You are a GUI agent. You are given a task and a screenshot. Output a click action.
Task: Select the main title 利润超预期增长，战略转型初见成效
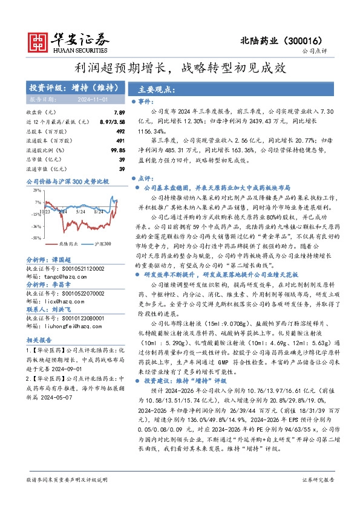tap(180, 68)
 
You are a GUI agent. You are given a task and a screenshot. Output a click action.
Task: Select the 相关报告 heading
tap(38, 340)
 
